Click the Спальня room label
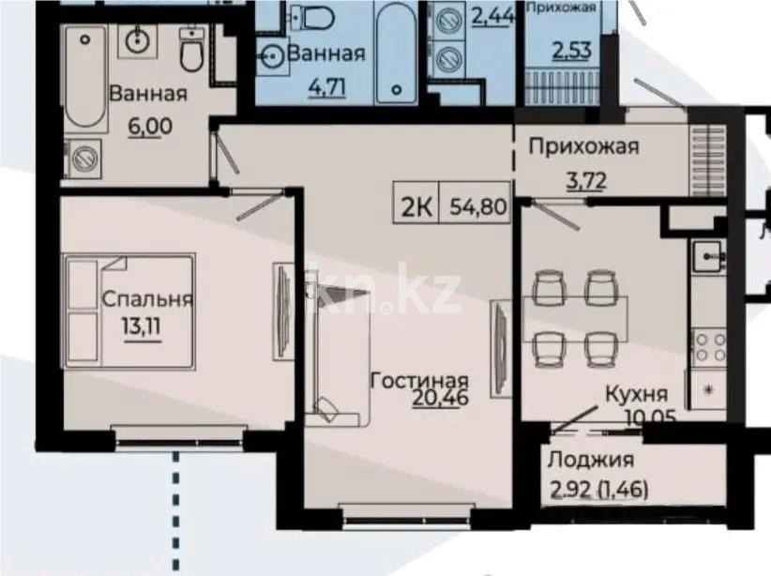click(x=147, y=300)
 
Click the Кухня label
click(x=636, y=393)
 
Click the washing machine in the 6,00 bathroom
click(x=86, y=157)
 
